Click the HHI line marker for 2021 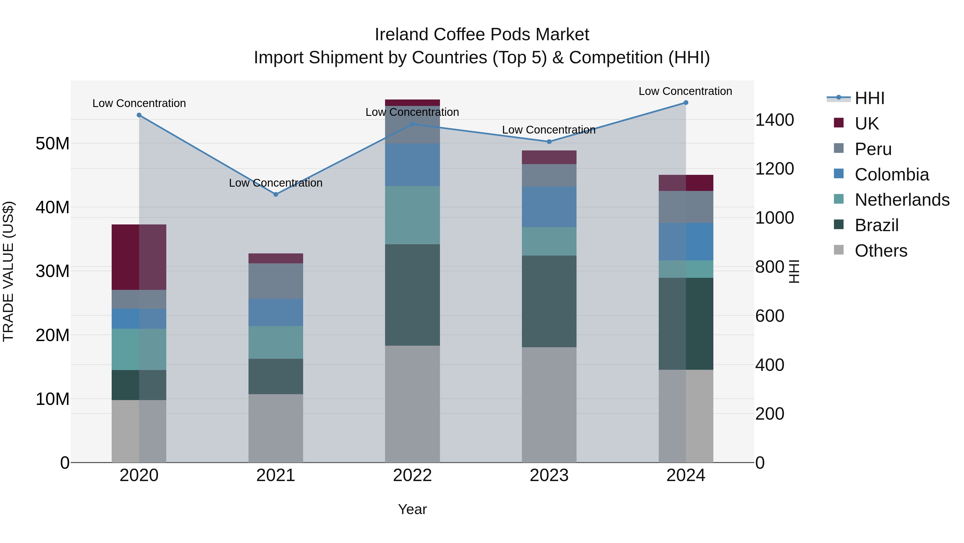276,194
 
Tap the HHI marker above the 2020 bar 139,115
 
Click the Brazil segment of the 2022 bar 412,295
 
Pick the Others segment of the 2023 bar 549,405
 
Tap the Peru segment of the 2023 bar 549,175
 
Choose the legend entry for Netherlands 902,200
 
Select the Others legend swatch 839,250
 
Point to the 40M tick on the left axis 52,207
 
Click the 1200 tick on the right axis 774,169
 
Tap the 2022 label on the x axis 412,475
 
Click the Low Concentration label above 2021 276,183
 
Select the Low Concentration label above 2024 685,91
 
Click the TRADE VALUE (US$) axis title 8,271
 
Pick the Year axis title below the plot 412,509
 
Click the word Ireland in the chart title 402,35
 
